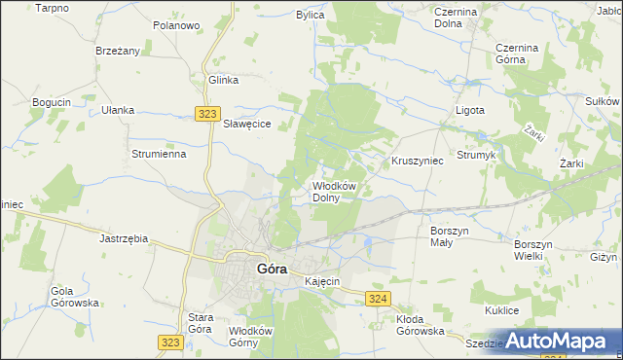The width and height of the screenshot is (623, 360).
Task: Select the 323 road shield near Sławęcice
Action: click(x=205, y=114)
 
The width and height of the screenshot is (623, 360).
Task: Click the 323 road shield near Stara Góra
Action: click(x=169, y=342)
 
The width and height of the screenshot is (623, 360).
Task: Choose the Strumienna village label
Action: click(x=159, y=154)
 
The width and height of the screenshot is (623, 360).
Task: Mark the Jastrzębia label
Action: click(x=124, y=237)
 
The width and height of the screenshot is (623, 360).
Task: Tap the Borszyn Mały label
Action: click(x=450, y=235)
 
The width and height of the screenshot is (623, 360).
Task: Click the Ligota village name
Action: click(x=470, y=110)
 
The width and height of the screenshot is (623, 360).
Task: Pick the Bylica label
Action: click(x=311, y=16)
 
